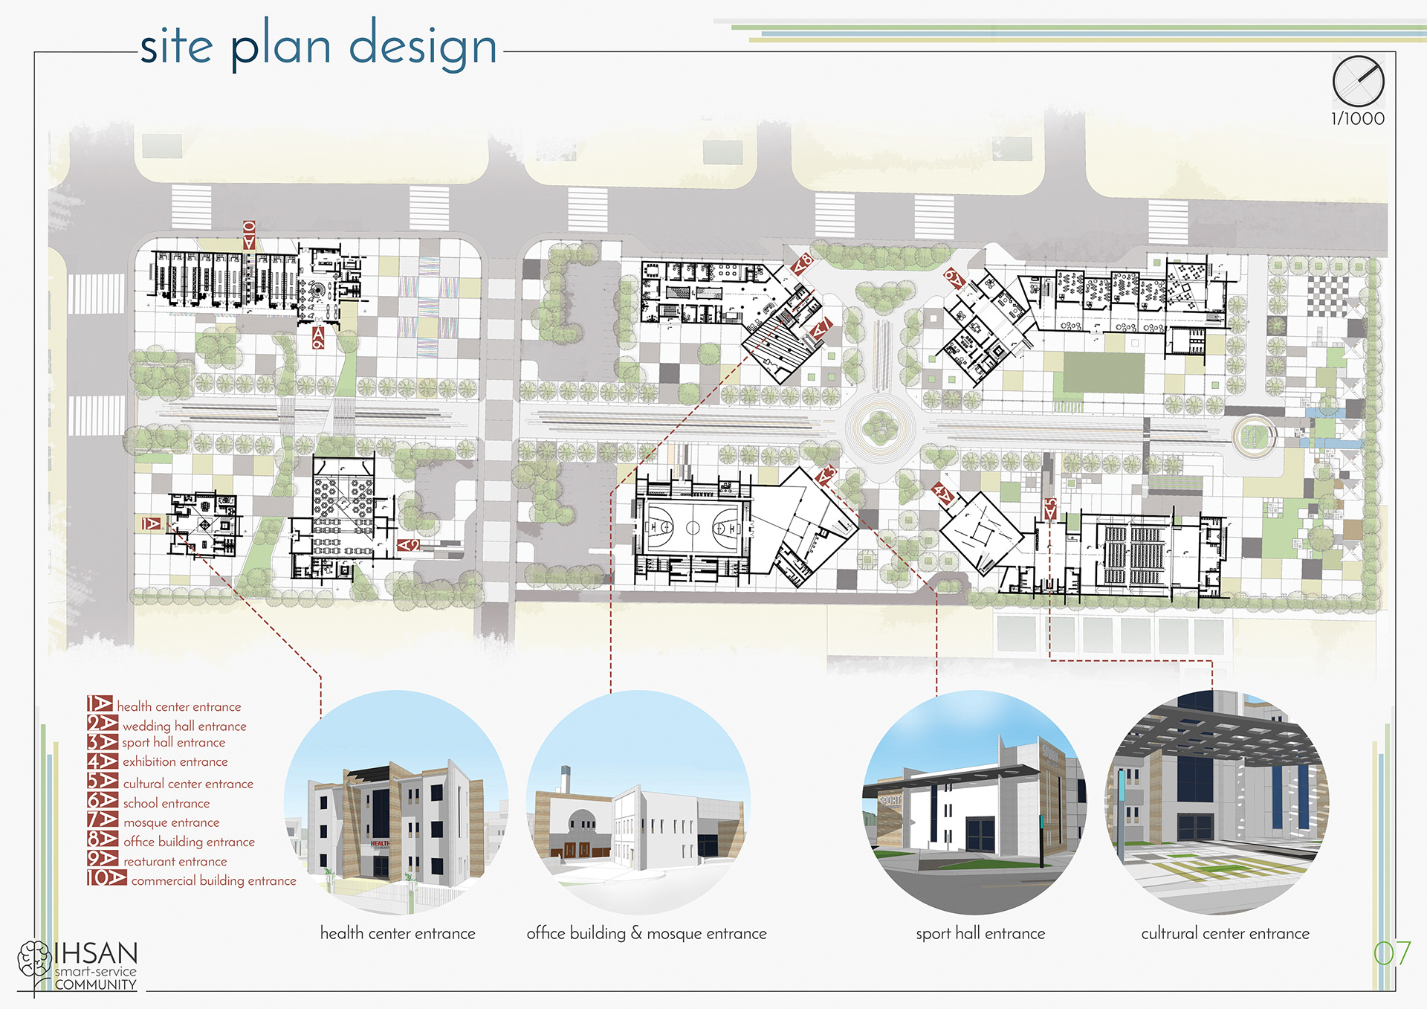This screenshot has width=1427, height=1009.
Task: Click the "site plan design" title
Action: pos(318,46)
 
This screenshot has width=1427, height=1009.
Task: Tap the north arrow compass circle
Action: pos(1358,81)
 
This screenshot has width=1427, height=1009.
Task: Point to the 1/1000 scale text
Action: pos(1358,119)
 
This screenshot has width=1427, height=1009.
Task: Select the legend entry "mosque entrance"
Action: pos(171,822)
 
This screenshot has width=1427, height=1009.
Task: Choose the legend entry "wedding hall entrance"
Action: pos(184,726)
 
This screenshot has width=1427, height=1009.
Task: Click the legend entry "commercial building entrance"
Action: pos(213,880)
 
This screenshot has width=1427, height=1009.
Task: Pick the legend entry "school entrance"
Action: pos(166,803)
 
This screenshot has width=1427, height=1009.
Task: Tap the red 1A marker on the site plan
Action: pos(152,523)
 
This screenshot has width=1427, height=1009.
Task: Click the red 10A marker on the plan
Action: pos(249,234)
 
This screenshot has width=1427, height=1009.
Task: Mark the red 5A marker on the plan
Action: pos(1050,509)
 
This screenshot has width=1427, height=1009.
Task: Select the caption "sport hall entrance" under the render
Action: pos(980,933)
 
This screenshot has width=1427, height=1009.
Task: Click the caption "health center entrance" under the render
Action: pos(398,933)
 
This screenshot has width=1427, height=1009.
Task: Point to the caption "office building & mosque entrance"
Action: pos(647,933)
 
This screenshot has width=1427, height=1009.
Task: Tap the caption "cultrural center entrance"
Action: pos(1225,933)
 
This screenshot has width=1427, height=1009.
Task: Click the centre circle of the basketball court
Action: pos(693,528)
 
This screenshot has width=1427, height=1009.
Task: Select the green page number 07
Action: pos(1391,953)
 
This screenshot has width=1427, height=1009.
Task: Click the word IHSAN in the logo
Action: pos(96,953)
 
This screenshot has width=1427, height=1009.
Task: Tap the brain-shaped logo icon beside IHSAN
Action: pos(34,959)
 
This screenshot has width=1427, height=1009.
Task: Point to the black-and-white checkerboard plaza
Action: pos(1327,296)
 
